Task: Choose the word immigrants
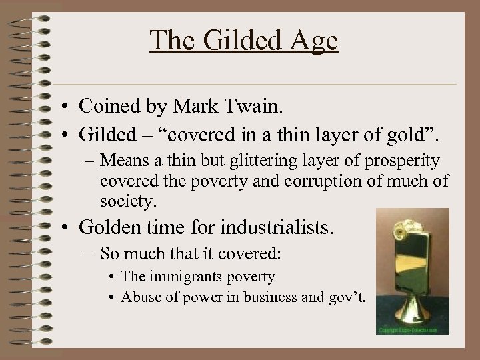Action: (191, 276)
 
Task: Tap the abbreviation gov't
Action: (345, 297)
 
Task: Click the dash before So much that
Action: (91, 254)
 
